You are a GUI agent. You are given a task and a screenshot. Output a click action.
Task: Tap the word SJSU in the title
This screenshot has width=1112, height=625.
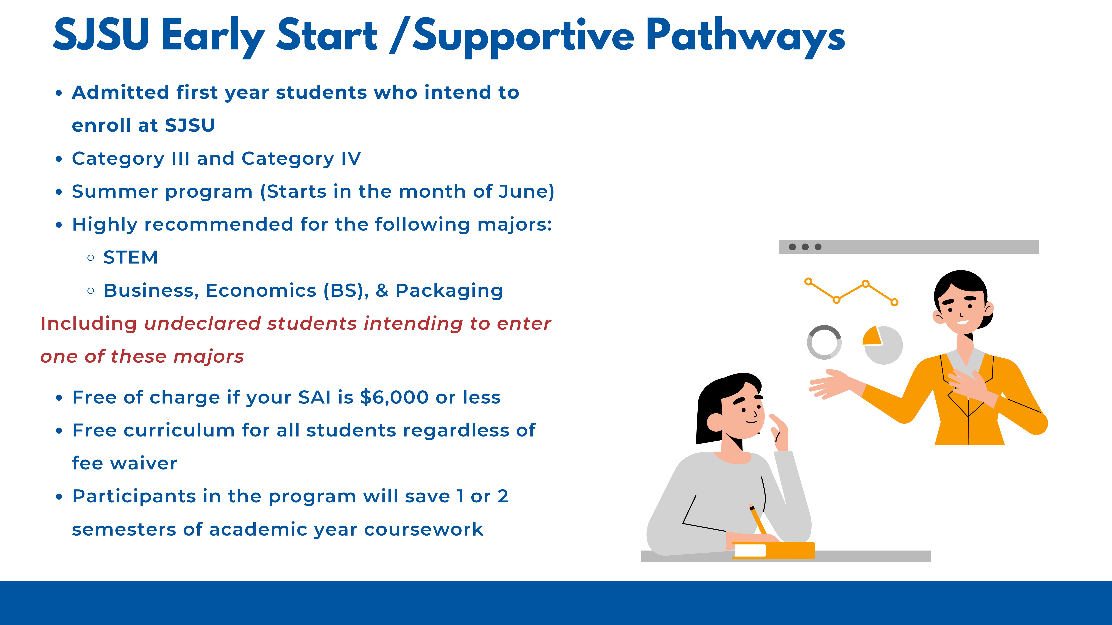[101, 34]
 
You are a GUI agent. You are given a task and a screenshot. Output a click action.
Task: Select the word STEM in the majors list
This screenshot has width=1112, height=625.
[130, 258]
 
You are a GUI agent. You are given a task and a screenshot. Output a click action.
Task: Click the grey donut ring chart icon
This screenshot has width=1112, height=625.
[824, 342]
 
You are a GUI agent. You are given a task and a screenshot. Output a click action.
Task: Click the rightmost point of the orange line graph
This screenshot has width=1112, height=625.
[894, 302]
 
